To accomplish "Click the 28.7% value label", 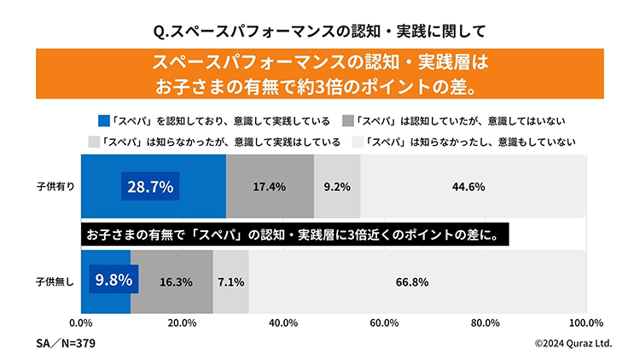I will (151, 186).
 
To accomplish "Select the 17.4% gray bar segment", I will (270, 186).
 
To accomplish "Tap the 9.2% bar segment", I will (338, 186).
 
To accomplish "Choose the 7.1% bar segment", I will (231, 281).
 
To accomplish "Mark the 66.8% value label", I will (411, 281).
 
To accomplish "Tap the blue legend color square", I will (104, 120).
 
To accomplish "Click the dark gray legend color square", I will (347, 120).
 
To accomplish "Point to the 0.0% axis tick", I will (80, 322).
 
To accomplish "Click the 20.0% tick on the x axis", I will (182, 322).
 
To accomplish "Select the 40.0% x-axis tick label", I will (282, 322).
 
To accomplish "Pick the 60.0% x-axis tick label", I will (384, 322).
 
